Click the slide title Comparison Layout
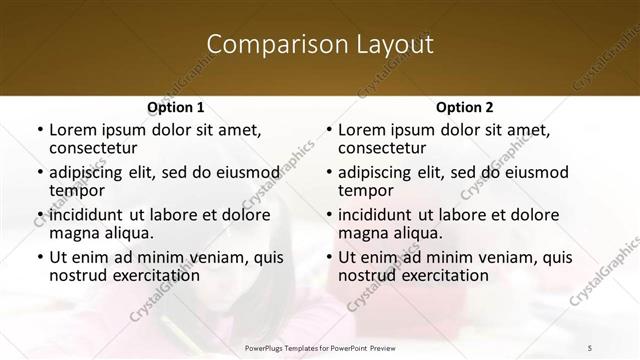pyautogui.click(x=320, y=45)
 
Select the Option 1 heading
pyautogui.click(x=176, y=107)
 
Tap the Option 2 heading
pyautogui.click(x=465, y=107)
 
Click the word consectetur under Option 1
pyautogui.click(x=95, y=148)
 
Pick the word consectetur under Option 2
pyautogui.click(x=384, y=148)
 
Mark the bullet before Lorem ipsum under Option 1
pyautogui.click(x=39, y=130)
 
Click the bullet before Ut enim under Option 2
pyautogui.click(x=328, y=257)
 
